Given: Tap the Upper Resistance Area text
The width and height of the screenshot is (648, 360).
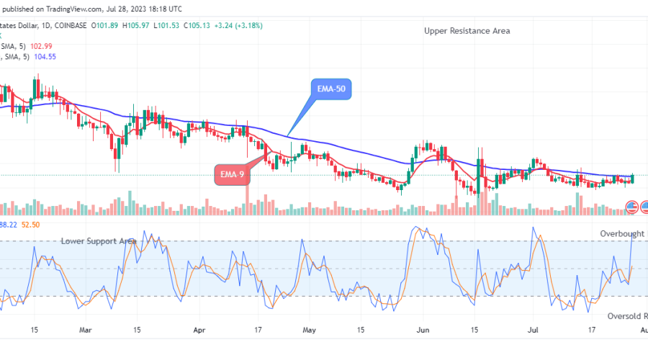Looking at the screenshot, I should coord(467,31).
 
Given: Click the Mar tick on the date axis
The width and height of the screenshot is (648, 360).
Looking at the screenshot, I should coord(86,330).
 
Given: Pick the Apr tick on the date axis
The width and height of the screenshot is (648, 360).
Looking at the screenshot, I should coord(199,330).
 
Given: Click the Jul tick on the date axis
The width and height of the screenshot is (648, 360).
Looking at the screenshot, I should coord(533,330).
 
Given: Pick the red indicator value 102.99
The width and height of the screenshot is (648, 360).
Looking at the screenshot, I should coord(45,45).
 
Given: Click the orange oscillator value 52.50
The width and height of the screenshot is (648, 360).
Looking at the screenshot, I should coord(30,225).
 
